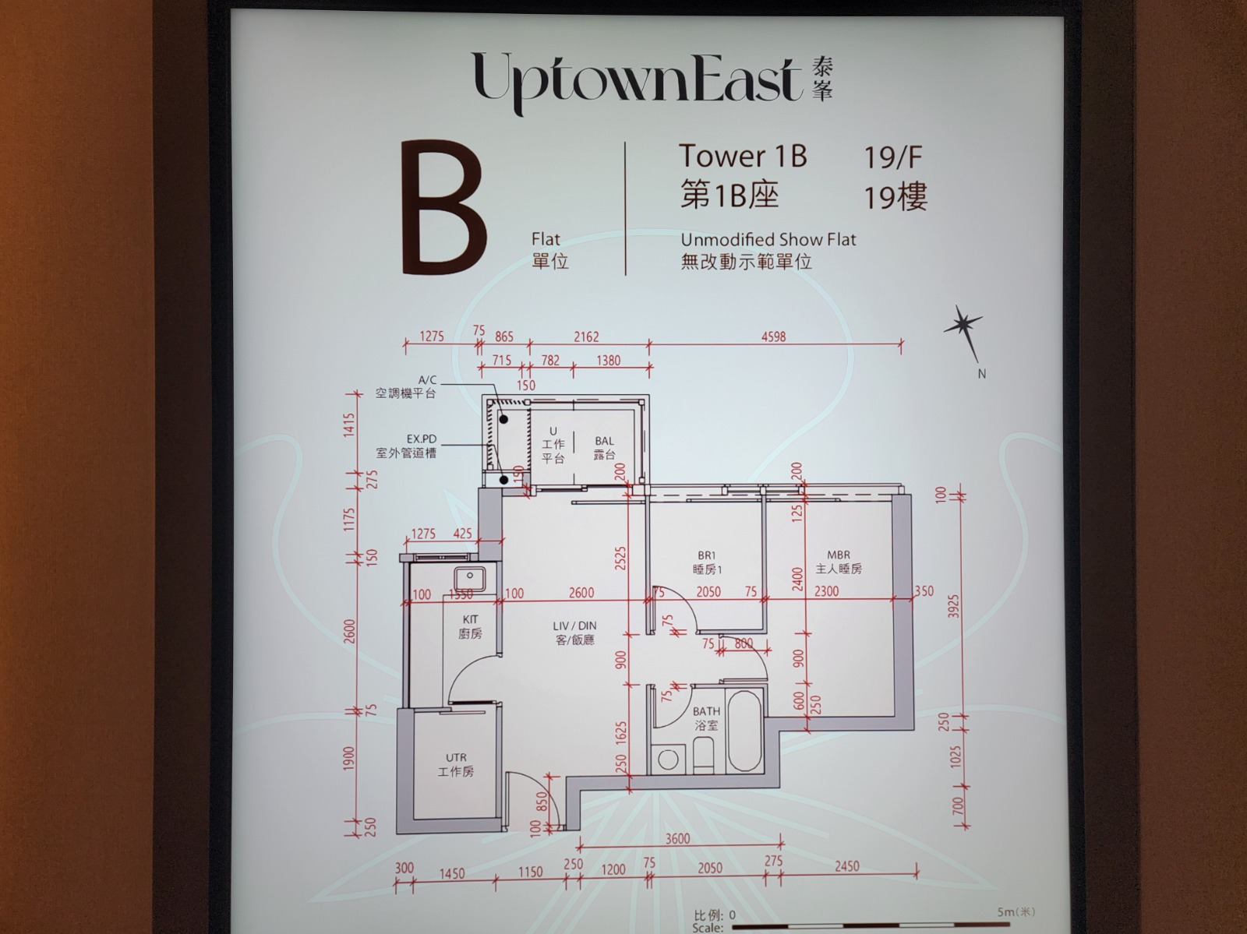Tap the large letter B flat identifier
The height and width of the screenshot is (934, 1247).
pos(444,208)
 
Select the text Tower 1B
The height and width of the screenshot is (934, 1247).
pos(743,156)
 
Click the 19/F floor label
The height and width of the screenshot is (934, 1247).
pos(892,157)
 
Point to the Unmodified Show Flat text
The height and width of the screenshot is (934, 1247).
pos(768,240)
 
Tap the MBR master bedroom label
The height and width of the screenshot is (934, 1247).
pos(839,562)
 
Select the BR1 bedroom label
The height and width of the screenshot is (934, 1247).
pos(708,562)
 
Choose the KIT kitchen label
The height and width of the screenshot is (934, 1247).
pos(471,626)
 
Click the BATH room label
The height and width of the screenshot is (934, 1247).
pos(706,718)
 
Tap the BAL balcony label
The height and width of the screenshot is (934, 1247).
pos(605,448)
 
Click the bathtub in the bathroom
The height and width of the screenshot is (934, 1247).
pos(745,730)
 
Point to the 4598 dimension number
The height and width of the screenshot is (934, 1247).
pos(773,337)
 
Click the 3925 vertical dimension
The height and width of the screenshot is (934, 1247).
pos(954,606)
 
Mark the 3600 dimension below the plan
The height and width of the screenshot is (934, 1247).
pos(677,839)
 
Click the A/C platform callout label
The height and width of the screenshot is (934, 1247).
pos(405,386)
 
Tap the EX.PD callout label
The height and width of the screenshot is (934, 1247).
pos(405,446)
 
